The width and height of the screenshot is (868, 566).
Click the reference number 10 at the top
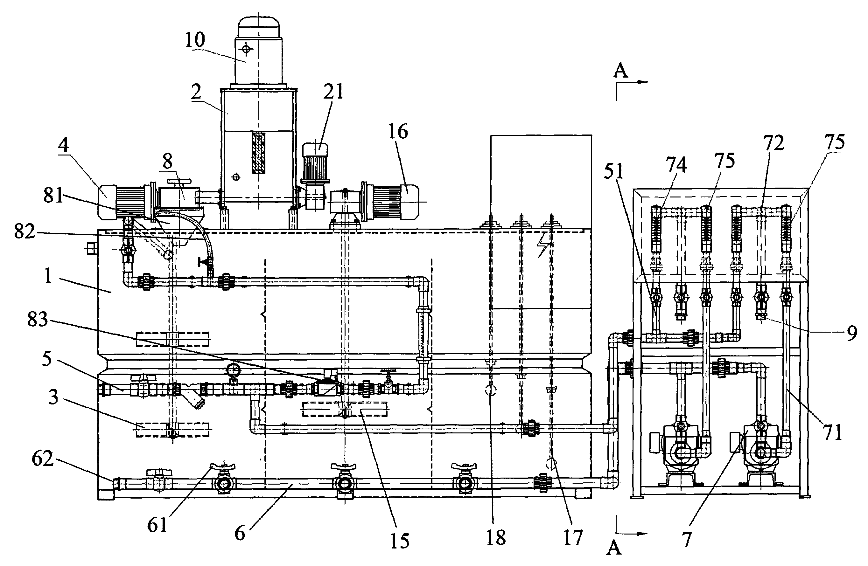[x=195, y=40]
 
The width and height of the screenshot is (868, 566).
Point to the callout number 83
[x=38, y=319]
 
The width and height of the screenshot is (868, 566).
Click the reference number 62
[x=43, y=459]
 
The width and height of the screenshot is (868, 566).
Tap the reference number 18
[x=496, y=537]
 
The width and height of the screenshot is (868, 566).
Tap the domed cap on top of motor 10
[x=259, y=27]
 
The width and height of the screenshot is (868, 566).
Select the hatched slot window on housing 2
[x=259, y=153]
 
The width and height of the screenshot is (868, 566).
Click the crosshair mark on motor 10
[x=246, y=48]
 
